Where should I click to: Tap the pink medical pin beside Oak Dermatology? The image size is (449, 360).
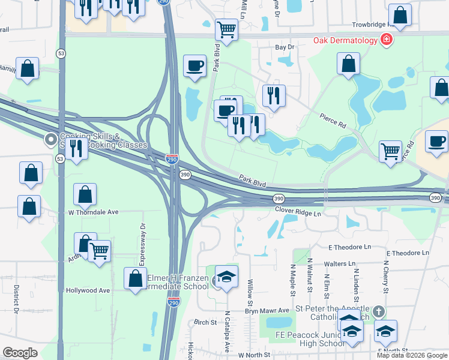coord(387,40)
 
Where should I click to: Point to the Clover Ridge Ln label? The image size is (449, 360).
coord(298,212)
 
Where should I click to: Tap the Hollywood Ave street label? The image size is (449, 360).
coord(88,290)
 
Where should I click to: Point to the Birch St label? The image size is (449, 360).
coord(205,322)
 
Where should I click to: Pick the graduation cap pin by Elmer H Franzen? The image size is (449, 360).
coord(226,277)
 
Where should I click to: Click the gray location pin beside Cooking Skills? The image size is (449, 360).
coord(50,140)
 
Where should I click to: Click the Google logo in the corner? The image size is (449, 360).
coord(20,353)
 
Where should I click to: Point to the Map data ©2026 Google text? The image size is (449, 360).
coord(412,355)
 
